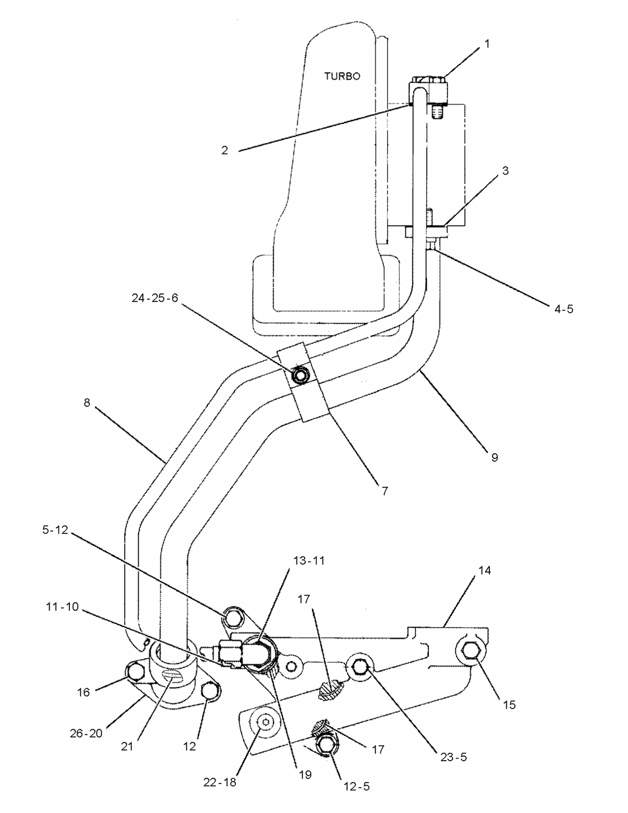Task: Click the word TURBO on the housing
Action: [342, 76]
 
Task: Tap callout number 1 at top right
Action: [486, 44]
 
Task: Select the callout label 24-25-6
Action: [155, 298]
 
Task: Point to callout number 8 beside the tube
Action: [87, 402]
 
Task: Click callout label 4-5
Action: [563, 309]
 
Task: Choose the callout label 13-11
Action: [309, 560]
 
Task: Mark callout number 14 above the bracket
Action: [484, 570]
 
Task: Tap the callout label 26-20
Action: [86, 733]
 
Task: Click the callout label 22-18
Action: [219, 782]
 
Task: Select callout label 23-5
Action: [454, 757]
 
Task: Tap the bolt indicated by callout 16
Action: [135, 672]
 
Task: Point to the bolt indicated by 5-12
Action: [233, 617]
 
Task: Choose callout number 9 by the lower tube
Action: [495, 457]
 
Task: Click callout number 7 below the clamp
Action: [384, 491]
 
